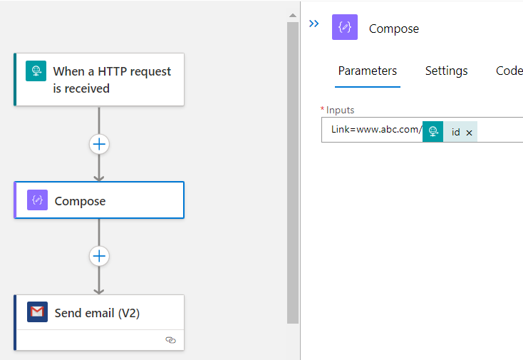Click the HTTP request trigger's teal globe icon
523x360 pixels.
pyautogui.click(x=36, y=71)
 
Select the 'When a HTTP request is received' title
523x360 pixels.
pyautogui.click(x=112, y=80)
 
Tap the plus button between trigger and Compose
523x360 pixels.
pyautogui.click(x=99, y=144)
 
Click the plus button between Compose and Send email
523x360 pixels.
pyautogui.click(x=99, y=256)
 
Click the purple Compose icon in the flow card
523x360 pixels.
pyautogui.click(x=37, y=200)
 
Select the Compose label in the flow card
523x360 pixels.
pyautogui.click(x=80, y=201)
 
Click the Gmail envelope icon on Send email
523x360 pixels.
pyautogui.click(x=37, y=312)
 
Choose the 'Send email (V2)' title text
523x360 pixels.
pyautogui.click(x=97, y=313)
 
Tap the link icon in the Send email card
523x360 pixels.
pyautogui.click(x=170, y=340)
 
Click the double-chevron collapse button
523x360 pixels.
pyautogui.click(x=314, y=24)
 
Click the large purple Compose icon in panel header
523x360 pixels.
pyautogui.click(x=345, y=27)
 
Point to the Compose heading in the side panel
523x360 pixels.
pyautogui.click(x=394, y=29)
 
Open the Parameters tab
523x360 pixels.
pyautogui.click(x=368, y=71)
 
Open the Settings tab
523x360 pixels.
pyautogui.click(x=446, y=71)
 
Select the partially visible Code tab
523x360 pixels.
pyautogui.click(x=509, y=71)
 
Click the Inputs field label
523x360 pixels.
pyautogui.click(x=340, y=110)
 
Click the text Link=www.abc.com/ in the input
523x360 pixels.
pyautogui.click(x=377, y=130)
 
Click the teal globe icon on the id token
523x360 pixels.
pyautogui.click(x=433, y=131)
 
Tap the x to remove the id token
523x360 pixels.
pyautogui.click(x=469, y=133)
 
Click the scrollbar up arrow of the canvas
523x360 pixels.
pyautogui.click(x=293, y=16)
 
